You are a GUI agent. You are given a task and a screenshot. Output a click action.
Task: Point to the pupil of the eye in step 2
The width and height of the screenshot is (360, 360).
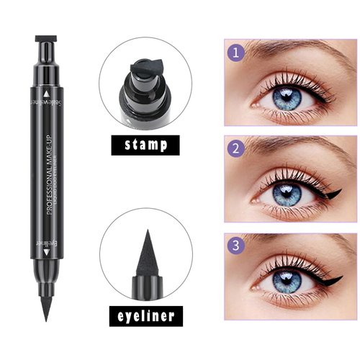pos(287,194)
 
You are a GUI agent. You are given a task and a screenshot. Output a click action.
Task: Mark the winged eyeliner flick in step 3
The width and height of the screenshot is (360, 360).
pos(333,277)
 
